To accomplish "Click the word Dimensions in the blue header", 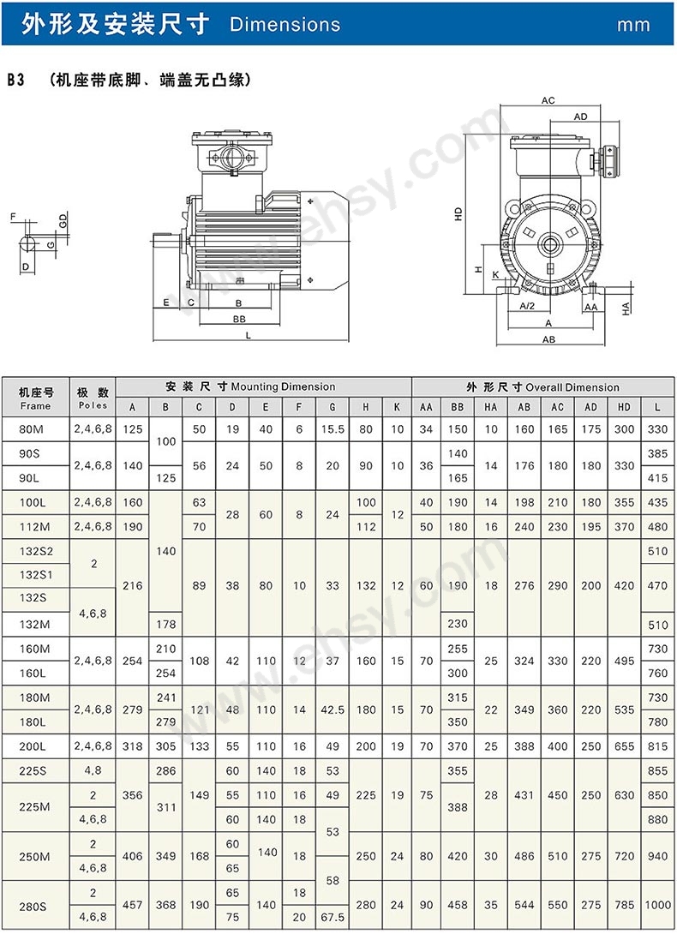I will coord(285,25).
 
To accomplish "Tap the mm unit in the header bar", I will coord(633,26).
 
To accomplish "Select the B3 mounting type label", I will coord(15,80).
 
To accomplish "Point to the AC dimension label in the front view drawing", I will coord(548,101).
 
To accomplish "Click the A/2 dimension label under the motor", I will coord(528,306).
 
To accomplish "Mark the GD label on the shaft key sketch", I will coord(63,221).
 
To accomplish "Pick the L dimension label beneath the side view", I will coord(249,336).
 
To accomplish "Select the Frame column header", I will coord(35,398).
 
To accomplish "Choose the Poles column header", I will coord(93,398).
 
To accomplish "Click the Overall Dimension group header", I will coord(542,387).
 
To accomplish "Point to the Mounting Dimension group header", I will coord(263,387).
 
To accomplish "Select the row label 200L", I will coord(35,746).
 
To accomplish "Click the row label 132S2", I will coord(35,551).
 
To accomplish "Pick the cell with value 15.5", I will coord(332,429).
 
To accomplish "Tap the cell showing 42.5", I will coord(332,709).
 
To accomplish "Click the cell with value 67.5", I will coord(332,917).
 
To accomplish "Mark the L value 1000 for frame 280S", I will coord(657,905).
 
